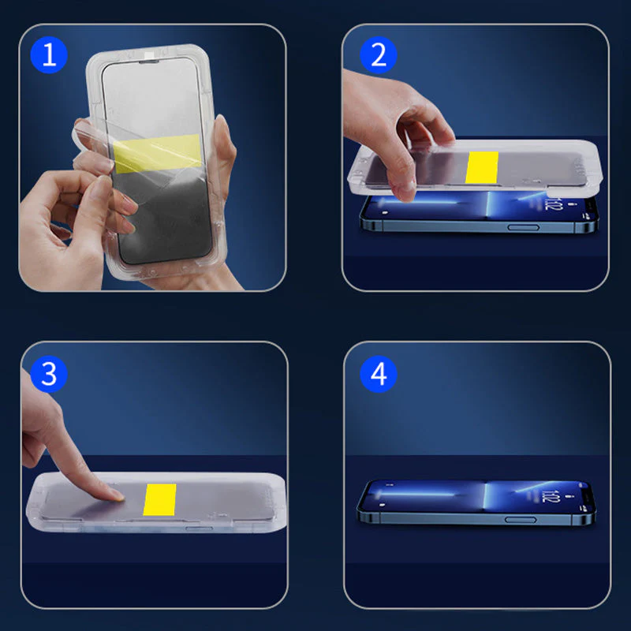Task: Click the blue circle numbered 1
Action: pyautogui.click(x=50, y=55)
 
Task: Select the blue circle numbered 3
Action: pyautogui.click(x=49, y=374)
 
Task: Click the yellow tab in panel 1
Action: pyautogui.click(x=157, y=154)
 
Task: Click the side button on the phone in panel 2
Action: pyautogui.click(x=521, y=227)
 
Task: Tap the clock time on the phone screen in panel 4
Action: pyautogui.click(x=549, y=497)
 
